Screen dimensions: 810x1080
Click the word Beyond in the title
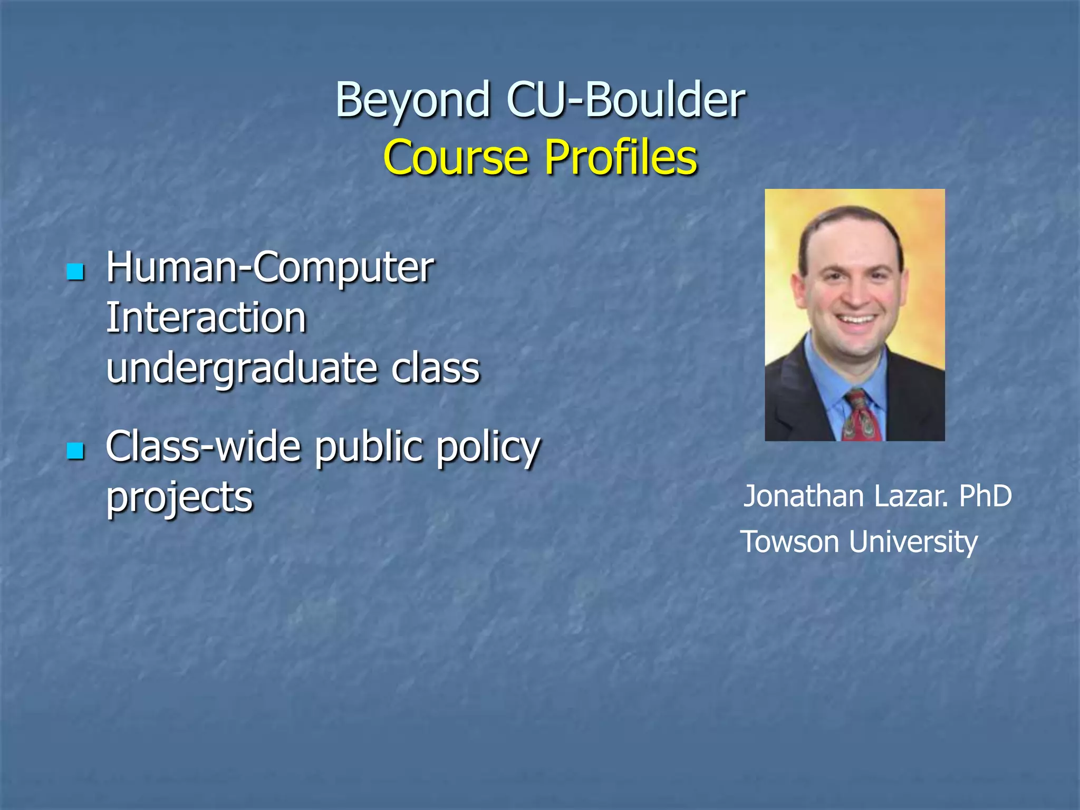[413, 100]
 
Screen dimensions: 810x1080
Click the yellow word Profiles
[621, 157]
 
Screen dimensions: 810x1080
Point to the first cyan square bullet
[76, 272]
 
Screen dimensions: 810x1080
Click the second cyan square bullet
[76, 451]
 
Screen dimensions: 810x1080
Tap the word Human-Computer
[270, 267]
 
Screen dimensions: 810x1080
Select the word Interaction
[206, 318]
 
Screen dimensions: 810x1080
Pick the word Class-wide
[203, 447]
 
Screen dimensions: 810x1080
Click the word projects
[179, 497]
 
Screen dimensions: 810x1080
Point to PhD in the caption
[985, 496]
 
